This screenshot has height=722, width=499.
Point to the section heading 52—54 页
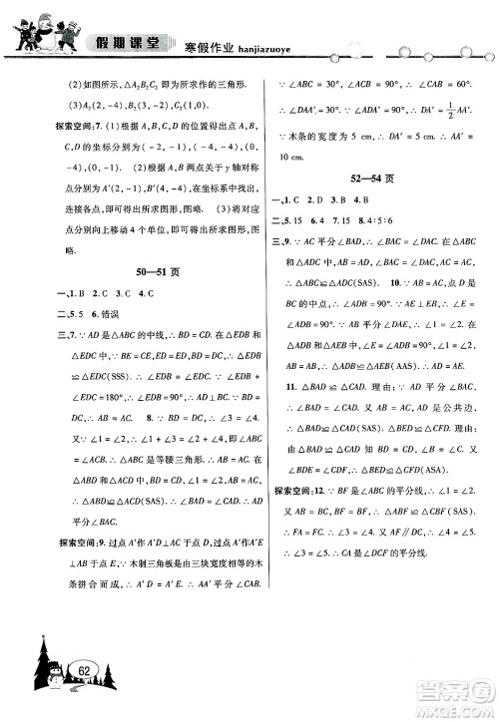pyautogui.click(x=371, y=180)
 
